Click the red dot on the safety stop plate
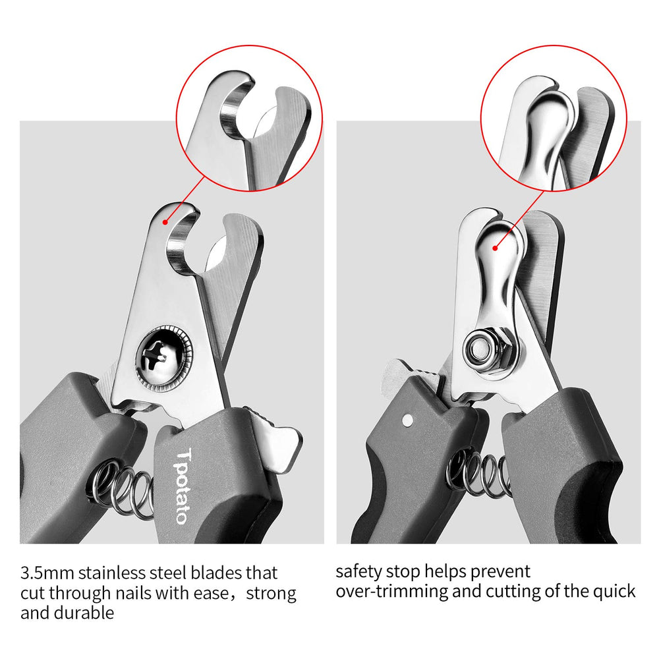[x=495, y=248]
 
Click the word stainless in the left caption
[x=116, y=572]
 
